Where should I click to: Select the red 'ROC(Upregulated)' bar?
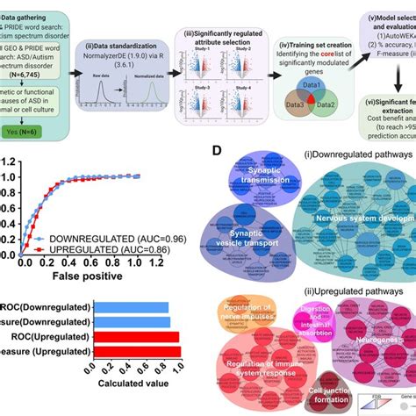click(x=136, y=336)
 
